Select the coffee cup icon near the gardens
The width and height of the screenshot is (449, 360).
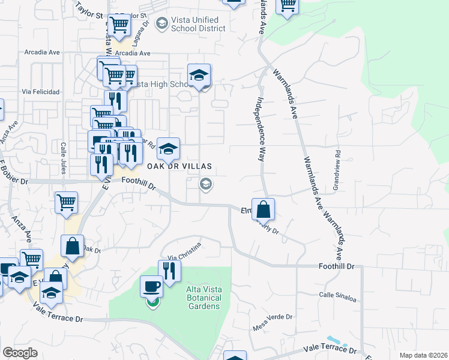[x=151, y=286]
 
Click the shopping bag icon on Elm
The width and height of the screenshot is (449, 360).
[x=263, y=209]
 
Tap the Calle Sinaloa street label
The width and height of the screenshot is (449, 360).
[x=337, y=295]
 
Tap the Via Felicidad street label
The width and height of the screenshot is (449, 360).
[x=41, y=92]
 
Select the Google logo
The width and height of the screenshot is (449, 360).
[x=20, y=353]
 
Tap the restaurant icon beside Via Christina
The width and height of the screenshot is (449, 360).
[x=169, y=271]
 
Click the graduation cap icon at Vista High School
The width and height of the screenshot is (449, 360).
[x=199, y=75]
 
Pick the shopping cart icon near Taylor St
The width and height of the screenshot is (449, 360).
[x=119, y=25]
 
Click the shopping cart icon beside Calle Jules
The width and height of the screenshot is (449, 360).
[x=66, y=202]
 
